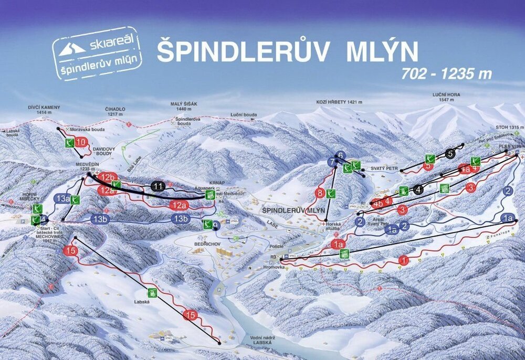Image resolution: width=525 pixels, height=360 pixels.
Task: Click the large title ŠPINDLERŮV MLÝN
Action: click(287, 51)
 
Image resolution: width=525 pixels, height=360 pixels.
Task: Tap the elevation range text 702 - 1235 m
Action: click(446, 74)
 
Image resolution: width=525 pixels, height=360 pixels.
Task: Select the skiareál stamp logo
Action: click(98, 53)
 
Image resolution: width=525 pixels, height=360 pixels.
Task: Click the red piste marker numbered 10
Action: click(81, 142)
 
